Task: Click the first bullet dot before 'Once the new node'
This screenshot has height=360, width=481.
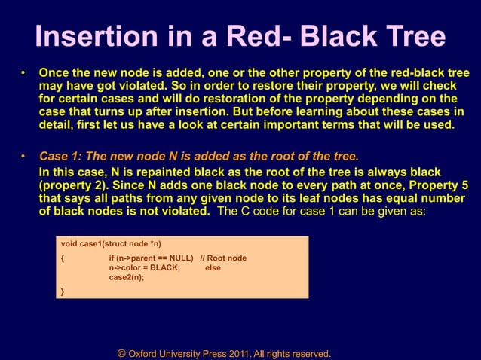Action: pos(23,74)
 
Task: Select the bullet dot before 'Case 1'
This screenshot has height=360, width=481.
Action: pos(23,157)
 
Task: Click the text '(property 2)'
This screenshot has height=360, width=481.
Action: pos(72,185)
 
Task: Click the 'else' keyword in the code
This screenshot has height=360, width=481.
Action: pos(213,267)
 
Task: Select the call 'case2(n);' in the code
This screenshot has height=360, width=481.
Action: pos(126,276)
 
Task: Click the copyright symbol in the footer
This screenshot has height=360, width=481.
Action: pos(121,352)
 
